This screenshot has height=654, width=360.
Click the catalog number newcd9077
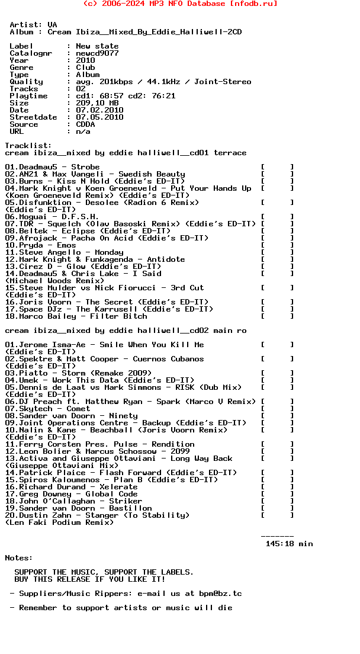pyautogui.click(x=97, y=53)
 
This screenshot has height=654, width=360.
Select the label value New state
pyautogui.click(x=97, y=46)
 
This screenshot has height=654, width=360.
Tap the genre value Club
pyautogui.click(x=85, y=68)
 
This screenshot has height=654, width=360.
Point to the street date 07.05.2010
pyautogui.click(x=99, y=117)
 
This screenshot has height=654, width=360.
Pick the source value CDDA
pyautogui.click(x=85, y=124)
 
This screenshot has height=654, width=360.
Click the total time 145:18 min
pyautogui.click(x=289, y=544)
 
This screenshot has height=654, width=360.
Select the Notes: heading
pyautogui.click(x=19, y=558)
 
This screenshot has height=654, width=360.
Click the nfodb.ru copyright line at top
pyautogui.click(x=180, y=4)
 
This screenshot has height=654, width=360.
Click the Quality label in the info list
pyautogui.click(x=26, y=82)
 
